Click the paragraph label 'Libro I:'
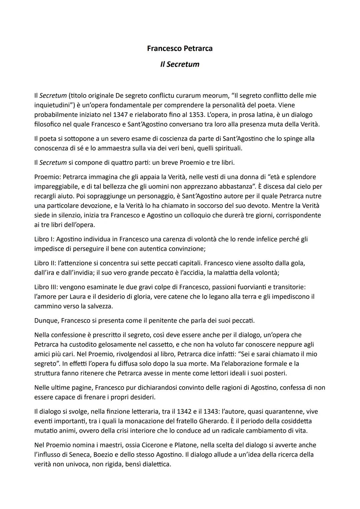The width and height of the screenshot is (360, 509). coord(44,239)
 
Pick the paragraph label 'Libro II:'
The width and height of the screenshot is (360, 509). coord(45,263)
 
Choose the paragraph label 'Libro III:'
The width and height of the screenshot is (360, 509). coord(46,287)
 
